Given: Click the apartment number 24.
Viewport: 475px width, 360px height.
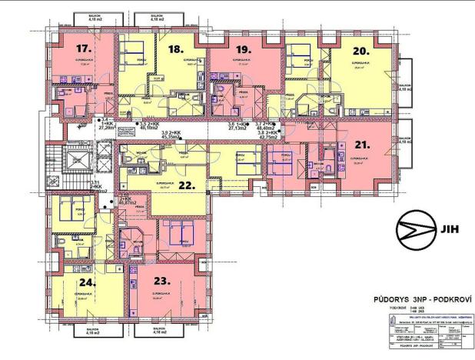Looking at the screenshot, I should click(x=86, y=282).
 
